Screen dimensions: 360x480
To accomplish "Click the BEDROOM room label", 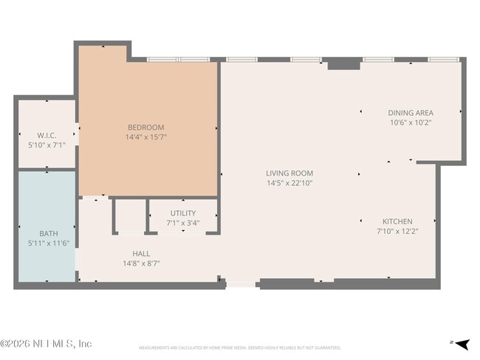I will (x=145, y=127).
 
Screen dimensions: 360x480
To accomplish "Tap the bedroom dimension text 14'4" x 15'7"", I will (x=145, y=136).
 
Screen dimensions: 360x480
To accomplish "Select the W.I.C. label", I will (x=47, y=135).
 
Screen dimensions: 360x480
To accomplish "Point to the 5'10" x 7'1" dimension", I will (x=47, y=145).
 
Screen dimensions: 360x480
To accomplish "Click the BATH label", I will (x=49, y=234).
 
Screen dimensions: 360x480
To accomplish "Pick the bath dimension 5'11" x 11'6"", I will (x=49, y=243).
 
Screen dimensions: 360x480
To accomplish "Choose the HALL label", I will (x=141, y=253).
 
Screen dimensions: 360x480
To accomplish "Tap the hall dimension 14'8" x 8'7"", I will (x=141, y=263).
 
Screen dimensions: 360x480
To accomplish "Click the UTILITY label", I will (x=183, y=213).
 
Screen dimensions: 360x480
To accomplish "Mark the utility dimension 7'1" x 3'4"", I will (x=183, y=222).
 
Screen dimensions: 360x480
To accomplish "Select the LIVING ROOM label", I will (x=289, y=173).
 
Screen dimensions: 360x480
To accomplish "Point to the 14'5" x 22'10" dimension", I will (x=289, y=183).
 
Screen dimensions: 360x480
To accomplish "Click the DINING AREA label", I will (x=410, y=113).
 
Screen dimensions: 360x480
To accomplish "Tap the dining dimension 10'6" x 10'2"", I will (x=410, y=122).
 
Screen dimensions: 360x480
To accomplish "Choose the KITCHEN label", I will (x=397, y=221).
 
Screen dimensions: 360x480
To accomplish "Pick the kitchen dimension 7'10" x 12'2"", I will (x=397, y=231).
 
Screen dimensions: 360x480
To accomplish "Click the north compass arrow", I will (x=462, y=343).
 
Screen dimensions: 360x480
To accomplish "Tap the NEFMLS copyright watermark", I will (x=46, y=344).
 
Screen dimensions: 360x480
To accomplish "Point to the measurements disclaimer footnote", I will (x=239, y=347).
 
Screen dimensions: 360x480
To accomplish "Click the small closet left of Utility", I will (x=130, y=216).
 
